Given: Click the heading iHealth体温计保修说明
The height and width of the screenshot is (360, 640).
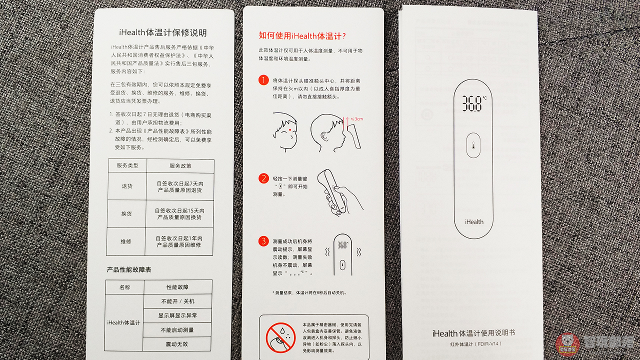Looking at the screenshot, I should pos(163,33).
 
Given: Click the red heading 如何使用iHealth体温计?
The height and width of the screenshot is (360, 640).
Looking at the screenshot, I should pos(302,35).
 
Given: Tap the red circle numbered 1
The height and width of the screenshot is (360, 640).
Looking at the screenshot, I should pos(263,80).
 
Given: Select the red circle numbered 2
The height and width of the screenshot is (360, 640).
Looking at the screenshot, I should pos(263,178).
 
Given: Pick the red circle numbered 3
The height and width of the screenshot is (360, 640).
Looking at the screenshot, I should pos(263,241).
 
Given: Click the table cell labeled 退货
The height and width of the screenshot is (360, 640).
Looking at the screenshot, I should pos(127,186).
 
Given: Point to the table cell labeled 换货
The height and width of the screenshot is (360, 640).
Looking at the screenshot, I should pos(127,214).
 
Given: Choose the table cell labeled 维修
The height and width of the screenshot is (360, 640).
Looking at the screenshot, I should pos(127,241).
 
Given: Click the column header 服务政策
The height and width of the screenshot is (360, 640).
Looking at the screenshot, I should pos(180,166).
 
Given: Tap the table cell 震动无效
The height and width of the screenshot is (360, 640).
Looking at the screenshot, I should pos(177,344).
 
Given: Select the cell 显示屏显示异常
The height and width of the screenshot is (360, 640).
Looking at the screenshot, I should pos(177,315).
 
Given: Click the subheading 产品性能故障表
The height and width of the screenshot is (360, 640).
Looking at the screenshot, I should pos(129,269).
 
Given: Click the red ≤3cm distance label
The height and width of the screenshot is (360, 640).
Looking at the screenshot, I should pos(356,119).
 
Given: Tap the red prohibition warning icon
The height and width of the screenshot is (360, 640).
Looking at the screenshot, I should pos(280,337).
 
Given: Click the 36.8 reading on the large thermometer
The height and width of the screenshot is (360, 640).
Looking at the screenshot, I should pos(472,103).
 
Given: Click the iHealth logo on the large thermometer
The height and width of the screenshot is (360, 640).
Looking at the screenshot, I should pos(474,221).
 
